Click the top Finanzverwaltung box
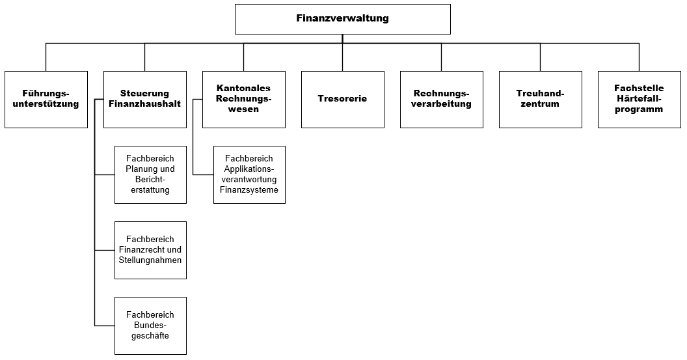(x=342, y=18)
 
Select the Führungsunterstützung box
(x=46, y=99)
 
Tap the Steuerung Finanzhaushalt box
(x=144, y=99)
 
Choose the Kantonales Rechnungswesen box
(x=243, y=99)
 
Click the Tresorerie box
(x=342, y=99)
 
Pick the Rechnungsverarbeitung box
(x=441, y=99)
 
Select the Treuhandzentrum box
(x=540, y=99)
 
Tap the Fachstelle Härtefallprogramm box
(x=639, y=99)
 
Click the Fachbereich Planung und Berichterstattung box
(x=150, y=174)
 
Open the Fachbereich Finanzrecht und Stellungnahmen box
(x=150, y=250)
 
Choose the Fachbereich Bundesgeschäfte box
(x=150, y=325)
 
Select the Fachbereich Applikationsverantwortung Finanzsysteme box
(x=249, y=174)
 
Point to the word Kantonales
(x=243, y=89)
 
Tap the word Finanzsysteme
(x=249, y=190)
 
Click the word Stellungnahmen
(x=150, y=260)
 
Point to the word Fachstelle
(x=639, y=89)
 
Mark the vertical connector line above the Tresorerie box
(x=342, y=57)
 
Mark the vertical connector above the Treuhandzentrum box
(x=540, y=57)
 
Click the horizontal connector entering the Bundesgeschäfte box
(x=105, y=325)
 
